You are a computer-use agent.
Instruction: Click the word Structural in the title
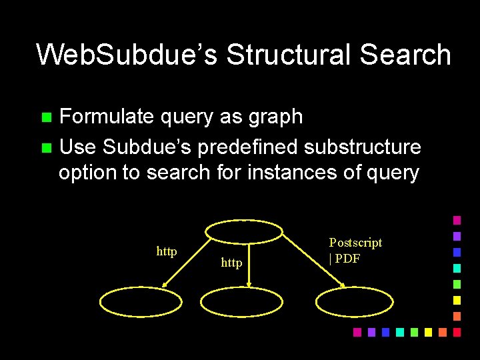pos(289,55)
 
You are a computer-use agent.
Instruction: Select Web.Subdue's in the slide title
pos(127,55)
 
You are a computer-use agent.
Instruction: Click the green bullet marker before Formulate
pos(46,117)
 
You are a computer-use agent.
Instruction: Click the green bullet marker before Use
pos(46,147)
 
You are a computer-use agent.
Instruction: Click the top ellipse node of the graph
pos(243,231)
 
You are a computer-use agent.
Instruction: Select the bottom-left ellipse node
pos(140,302)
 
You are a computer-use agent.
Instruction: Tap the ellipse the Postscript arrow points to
pos(355,302)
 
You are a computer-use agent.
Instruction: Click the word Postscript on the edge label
pos(355,243)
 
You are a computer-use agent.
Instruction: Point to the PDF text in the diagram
pos(347,258)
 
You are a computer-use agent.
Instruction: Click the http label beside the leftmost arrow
pos(167,251)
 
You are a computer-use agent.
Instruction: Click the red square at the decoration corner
pos(457,331)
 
